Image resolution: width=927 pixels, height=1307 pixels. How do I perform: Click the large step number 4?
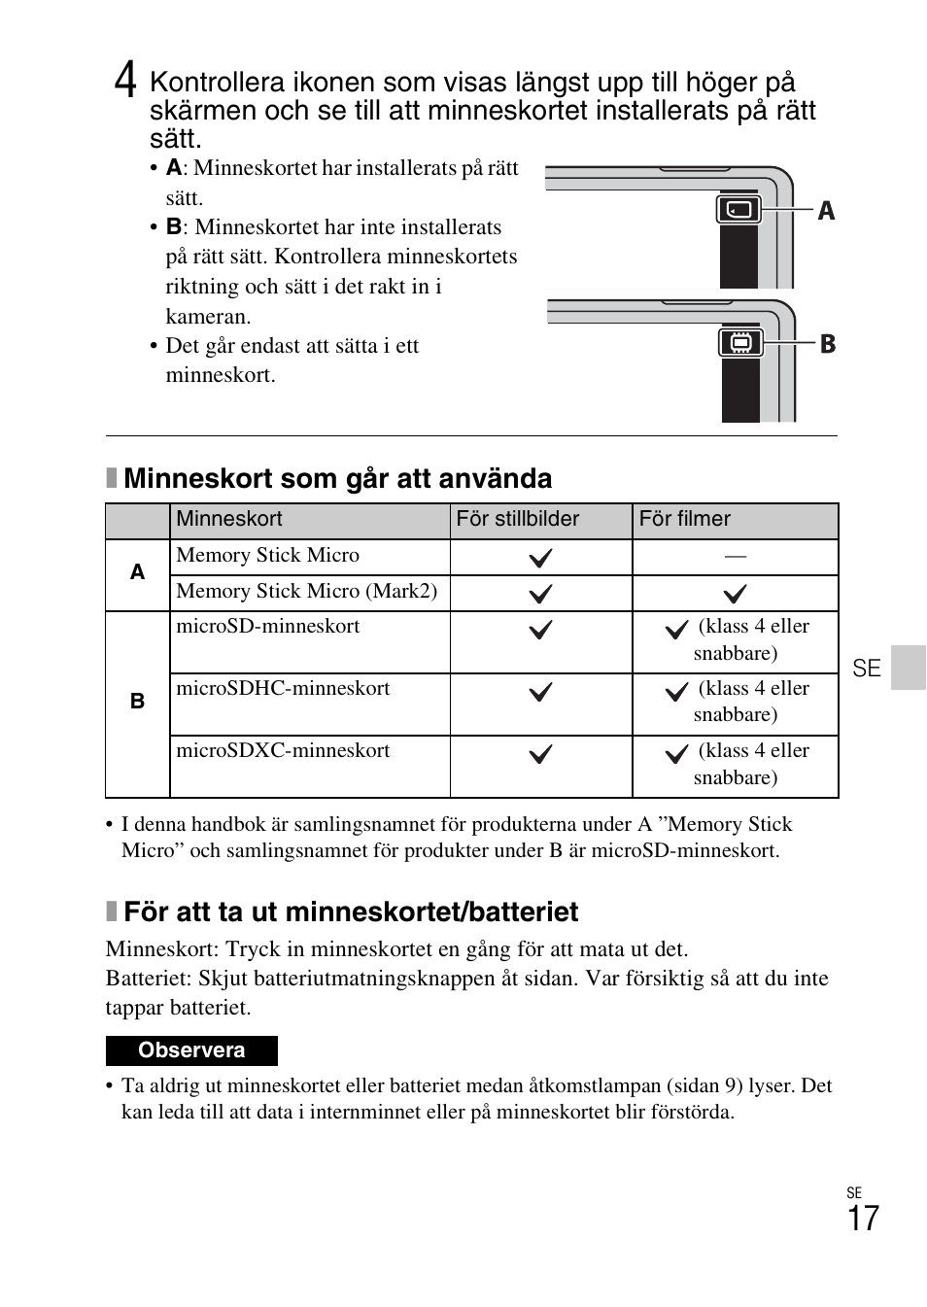(124, 80)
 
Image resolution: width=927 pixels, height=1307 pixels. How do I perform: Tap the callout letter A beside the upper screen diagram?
(826, 211)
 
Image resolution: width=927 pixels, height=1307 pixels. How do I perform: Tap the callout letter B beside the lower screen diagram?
(828, 344)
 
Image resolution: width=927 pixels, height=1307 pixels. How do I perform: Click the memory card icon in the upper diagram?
(739, 209)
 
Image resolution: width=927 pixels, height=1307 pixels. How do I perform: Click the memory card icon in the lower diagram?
(741, 343)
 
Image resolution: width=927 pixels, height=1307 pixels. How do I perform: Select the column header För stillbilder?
(517, 519)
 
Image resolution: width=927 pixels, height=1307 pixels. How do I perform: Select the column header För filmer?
(684, 519)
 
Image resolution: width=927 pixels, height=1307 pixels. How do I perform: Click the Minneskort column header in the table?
(229, 519)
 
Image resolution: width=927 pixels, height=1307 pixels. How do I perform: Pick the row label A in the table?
(137, 572)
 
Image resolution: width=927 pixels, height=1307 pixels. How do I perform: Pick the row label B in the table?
(137, 701)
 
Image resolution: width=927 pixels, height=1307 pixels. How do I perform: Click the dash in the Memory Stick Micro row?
(735, 556)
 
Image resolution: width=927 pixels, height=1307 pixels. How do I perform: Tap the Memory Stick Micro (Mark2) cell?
(307, 591)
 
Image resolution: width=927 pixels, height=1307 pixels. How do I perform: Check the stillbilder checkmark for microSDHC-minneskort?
(540, 692)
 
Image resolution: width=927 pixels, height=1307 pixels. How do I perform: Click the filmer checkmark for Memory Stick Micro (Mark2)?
(735, 593)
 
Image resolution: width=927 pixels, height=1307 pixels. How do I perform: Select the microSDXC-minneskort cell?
(283, 751)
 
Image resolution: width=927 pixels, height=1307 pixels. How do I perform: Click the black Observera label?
(191, 1050)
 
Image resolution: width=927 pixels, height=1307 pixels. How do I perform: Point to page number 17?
(862, 1220)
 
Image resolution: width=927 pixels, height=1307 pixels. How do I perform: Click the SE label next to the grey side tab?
(867, 669)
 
